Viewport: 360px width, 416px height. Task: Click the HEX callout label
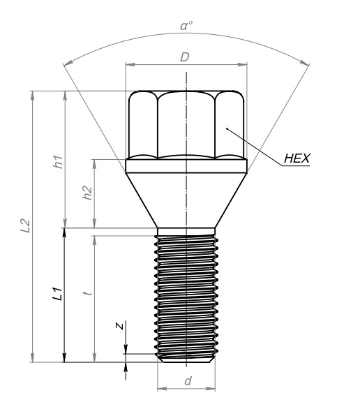pos(297,158)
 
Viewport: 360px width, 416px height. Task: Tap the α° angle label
pos(186,26)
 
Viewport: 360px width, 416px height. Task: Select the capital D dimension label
pos(185,57)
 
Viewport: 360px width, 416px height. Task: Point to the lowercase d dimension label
pos(188,381)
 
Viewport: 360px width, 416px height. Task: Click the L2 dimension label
pos(25,225)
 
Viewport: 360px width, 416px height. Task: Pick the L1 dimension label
pos(57,293)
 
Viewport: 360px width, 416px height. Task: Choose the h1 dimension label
pos(58,162)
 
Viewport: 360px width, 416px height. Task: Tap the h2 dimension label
pos(87,193)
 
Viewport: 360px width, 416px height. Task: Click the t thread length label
pos(87,293)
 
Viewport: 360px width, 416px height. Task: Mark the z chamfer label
pos(120,325)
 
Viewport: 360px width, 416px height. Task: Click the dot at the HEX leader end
pos(227,128)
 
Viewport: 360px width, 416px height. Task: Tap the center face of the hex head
pos(186,125)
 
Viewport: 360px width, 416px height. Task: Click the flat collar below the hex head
pos(186,166)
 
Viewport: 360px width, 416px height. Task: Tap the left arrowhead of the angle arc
pos(68,62)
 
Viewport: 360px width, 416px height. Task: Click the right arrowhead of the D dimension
pos(242,64)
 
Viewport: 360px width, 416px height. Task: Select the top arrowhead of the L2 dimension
pos(33,96)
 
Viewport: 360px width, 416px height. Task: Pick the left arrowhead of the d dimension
pos(163,389)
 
